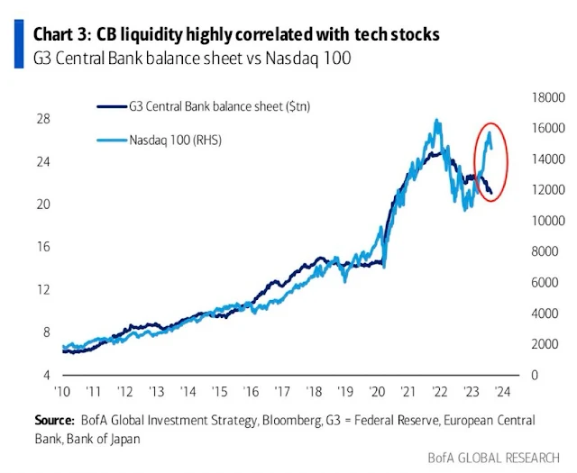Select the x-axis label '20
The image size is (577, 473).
(378, 393)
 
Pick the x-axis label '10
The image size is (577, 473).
(63, 393)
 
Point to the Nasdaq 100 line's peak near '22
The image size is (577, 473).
(437, 120)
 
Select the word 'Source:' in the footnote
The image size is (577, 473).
(53, 420)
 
